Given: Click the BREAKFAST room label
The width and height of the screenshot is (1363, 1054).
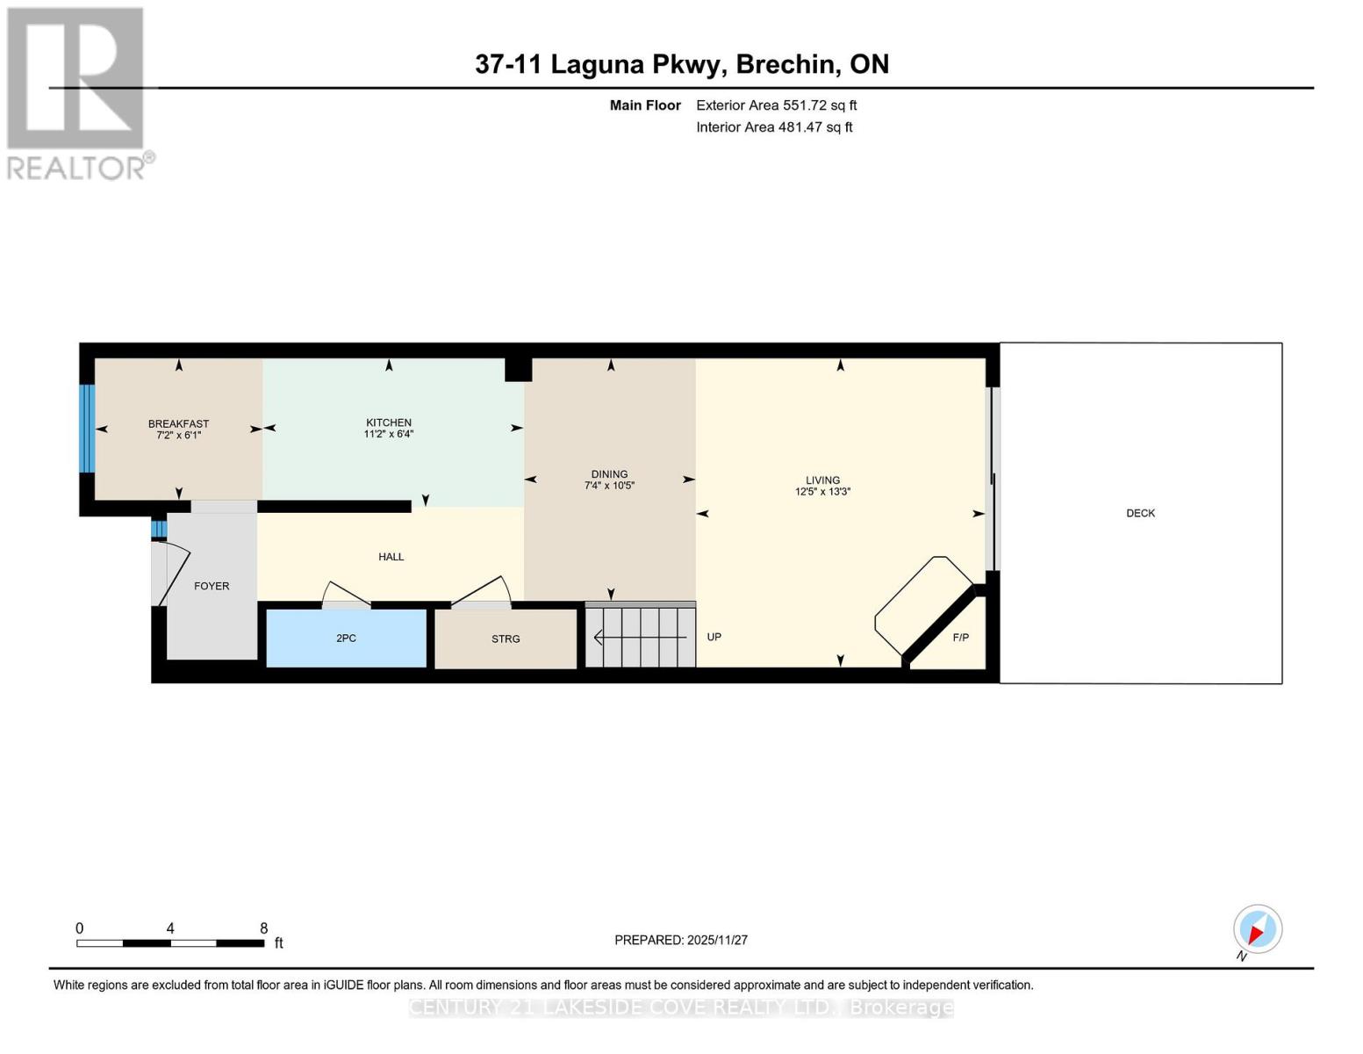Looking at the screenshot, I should coord(178,423).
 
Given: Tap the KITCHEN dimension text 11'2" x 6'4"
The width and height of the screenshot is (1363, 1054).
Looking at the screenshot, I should coord(388,434).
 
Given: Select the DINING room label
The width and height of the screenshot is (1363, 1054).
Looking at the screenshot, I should coord(609,474).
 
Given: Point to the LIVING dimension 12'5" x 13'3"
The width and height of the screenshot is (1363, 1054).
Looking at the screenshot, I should coord(822,492).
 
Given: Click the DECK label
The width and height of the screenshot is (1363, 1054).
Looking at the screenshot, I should coord(1140,513).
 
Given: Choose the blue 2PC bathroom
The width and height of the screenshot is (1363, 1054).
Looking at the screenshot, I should coord(346,639).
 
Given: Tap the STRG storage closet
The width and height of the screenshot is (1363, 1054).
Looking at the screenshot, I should coord(506,639).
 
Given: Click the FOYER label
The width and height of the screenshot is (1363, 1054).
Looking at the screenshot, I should coord(212,586).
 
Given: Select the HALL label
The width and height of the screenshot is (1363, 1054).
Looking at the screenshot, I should coord(391,557).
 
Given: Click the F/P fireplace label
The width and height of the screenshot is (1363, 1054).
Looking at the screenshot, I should coord(960,638).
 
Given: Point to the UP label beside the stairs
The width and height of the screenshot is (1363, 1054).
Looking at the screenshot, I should coord(714,637).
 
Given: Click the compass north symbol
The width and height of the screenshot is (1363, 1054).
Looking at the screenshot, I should coord(1257,930).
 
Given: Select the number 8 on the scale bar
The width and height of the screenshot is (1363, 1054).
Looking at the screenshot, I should coord(263,928).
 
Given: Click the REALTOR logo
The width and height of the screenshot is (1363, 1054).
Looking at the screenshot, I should coord(78,92).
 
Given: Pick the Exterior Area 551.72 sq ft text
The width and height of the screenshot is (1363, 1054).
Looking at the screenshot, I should coord(776,105).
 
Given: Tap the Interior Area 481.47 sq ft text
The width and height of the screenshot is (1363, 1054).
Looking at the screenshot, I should coord(774,127).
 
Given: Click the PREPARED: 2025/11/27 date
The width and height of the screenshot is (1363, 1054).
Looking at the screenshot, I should coord(680,940).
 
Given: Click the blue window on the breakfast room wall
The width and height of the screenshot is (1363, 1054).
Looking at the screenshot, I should coord(86,429).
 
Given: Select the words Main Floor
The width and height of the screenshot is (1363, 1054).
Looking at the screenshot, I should coord(645,105).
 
